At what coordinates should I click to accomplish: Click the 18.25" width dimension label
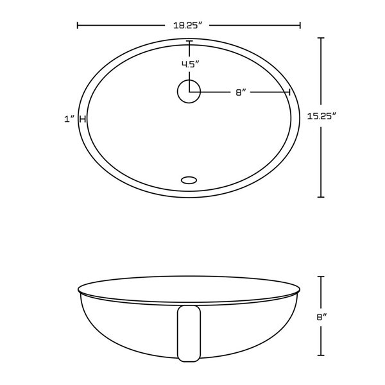point(188,25)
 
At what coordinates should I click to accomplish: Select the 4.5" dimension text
point(189,64)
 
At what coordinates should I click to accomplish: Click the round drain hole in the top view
point(189,90)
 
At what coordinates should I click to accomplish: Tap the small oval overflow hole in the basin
point(189,180)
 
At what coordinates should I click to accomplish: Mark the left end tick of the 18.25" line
point(78,26)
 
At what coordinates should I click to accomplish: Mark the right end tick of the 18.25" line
point(300,26)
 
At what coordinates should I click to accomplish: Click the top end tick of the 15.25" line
point(321,38)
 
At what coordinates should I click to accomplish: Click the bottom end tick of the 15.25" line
point(321,196)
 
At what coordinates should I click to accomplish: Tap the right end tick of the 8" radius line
point(290,92)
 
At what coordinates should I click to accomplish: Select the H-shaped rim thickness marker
point(83,119)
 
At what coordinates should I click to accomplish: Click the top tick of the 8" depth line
point(321,277)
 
